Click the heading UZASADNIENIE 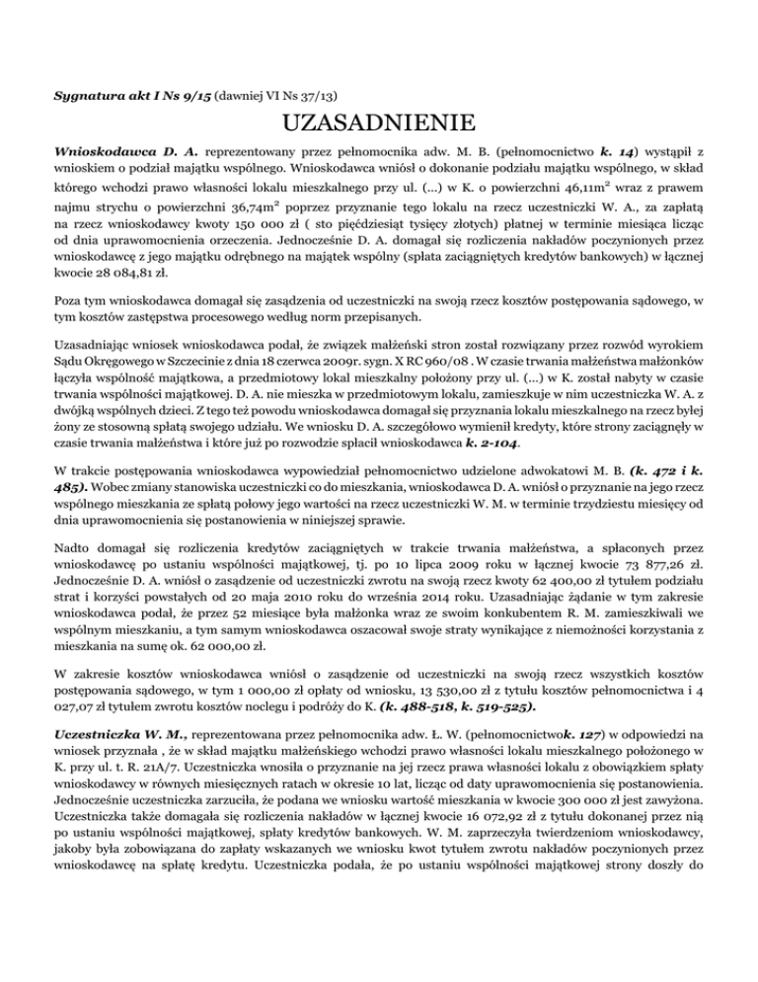click(x=378, y=125)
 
